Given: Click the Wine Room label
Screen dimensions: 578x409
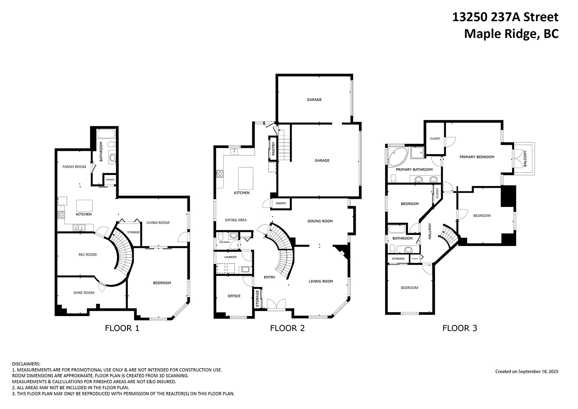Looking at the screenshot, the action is click(84, 292).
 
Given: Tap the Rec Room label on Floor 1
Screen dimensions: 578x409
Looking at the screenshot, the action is click(87, 254).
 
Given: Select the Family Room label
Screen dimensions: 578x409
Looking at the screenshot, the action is click(74, 167).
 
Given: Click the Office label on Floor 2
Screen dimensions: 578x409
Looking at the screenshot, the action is click(234, 296).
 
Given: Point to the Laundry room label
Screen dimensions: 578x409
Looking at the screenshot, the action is click(231, 257).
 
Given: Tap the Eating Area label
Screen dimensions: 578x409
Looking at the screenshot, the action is click(235, 220).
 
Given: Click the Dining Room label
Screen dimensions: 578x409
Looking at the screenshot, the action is click(320, 221).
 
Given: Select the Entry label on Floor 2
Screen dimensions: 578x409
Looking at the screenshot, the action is click(269, 277).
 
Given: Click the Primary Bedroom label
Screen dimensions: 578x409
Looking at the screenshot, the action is click(477, 157).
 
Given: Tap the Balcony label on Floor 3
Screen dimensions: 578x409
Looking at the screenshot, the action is click(525, 159).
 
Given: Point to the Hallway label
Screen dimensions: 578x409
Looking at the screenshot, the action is click(430, 231).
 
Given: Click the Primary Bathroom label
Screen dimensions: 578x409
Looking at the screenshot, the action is click(414, 169).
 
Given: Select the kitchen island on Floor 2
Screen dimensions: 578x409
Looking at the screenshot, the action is click(245, 178).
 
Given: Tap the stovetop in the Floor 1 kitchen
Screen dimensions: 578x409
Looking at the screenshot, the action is click(61, 215).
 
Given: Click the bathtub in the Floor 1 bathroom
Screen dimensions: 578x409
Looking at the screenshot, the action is click(106, 134).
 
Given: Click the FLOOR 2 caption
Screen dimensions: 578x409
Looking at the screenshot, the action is click(287, 328).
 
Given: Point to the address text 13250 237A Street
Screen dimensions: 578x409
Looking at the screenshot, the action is click(505, 17).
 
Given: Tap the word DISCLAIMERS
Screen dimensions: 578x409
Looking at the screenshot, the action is click(26, 364).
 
